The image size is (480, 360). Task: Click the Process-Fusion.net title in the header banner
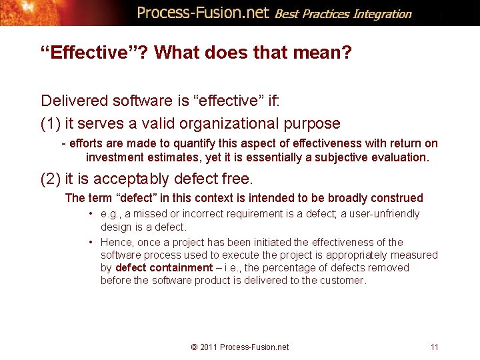pyautogui.click(x=203, y=13)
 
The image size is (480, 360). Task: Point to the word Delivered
pyautogui.click(x=73, y=101)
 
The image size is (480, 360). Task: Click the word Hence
pyautogui.click(x=117, y=242)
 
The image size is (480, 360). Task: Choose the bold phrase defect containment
pyautogui.click(x=163, y=267)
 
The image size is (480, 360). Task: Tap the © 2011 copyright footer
pyautogui.click(x=239, y=347)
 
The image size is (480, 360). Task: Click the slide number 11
pyautogui.click(x=435, y=347)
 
